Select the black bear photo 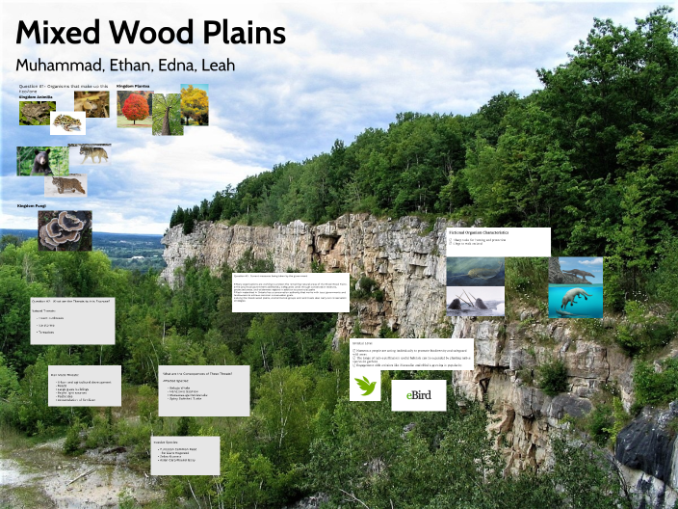tap(41, 160)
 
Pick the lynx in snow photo tap(65, 185)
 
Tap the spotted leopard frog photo tap(67, 122)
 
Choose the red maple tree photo tap(134, 109)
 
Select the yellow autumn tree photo tap(195, 105)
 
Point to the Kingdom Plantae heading tap(134, 86)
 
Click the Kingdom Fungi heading tap(33, 205)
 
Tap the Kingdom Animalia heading tap(36, 96)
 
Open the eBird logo tap(418, 395)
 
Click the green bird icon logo tap(365, 386)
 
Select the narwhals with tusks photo tap(475, 302)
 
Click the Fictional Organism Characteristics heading tap(479, 233)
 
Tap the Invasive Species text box tap(185, 455)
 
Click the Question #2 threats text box tap(71, 320)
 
